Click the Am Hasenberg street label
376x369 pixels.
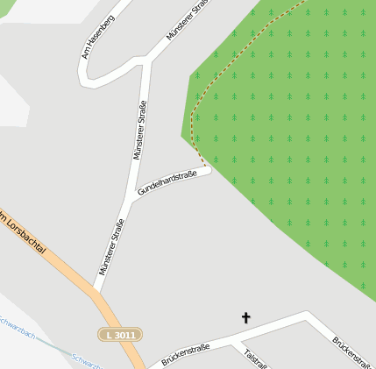tap(97, 37)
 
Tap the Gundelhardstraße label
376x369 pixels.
tap(166, 183)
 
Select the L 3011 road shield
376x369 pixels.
tap(119, 334)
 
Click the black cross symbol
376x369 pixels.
tap(245, 317)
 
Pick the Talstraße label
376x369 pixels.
tap(255, 358)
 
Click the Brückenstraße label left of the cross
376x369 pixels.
tap(185, 355)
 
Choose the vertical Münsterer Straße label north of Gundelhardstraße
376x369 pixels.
tap(138, 130)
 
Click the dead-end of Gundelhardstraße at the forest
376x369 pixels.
tap(209, 171)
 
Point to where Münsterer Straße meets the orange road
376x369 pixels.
tap(95, 288)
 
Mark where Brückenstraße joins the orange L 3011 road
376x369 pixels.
tap(145, 365)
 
